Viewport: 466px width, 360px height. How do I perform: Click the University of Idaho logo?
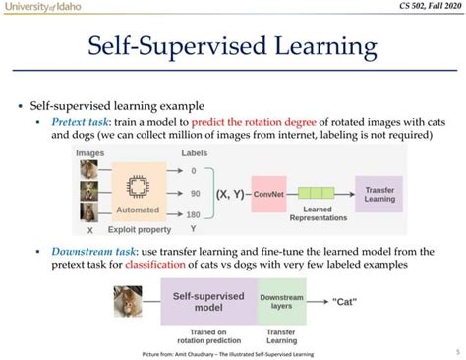coord(45,9)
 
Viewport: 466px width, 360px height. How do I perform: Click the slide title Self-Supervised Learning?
coord(232,47)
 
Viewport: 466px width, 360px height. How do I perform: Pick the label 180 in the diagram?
coord(194,214)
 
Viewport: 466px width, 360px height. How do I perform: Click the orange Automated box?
coord(138,192)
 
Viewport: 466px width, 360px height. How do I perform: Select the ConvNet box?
coord(268,193)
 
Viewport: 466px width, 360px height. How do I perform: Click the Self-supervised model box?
coord(208,300)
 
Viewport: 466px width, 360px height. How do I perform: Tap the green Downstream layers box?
coord(281,300)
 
